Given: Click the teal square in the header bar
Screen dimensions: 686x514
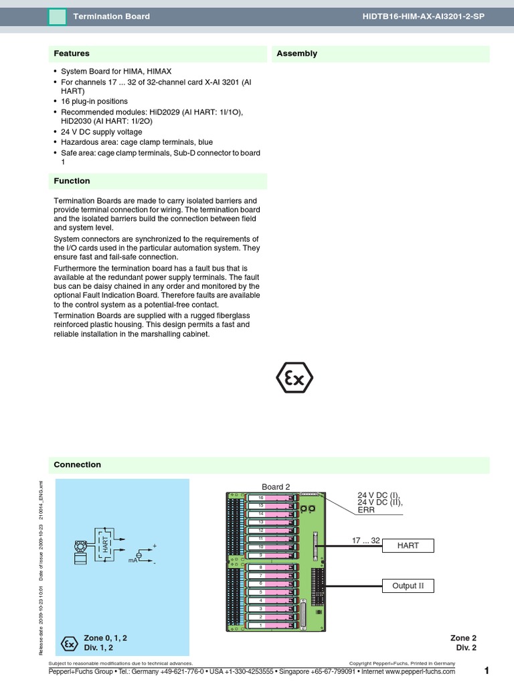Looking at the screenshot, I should point(58,16).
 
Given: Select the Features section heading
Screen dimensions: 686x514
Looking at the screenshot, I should point(72,54).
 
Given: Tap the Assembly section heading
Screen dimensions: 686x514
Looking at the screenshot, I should point(296,54).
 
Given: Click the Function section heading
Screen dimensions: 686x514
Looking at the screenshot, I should point(72,181).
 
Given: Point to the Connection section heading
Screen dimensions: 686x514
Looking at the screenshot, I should point(77,465).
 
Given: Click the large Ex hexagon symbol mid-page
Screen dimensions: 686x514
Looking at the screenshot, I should point(295,380).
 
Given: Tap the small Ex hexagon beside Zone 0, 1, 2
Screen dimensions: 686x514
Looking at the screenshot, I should point(68,643).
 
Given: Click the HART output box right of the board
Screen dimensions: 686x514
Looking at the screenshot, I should point(408,546).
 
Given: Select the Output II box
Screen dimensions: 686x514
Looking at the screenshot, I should point(408,586).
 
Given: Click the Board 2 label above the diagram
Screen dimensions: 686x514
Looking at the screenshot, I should point(276,487).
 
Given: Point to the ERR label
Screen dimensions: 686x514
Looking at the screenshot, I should point(366,510).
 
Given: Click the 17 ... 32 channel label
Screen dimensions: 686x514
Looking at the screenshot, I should point(366,540).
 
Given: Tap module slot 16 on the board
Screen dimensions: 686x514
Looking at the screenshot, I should point(262,498).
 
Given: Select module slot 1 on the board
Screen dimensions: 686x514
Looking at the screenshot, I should point(262,625).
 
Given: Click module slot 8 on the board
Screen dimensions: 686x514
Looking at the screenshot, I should point(262,567).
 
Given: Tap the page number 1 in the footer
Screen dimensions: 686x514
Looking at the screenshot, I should point(487,671).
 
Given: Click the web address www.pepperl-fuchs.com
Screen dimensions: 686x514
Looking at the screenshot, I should point(420,671).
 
